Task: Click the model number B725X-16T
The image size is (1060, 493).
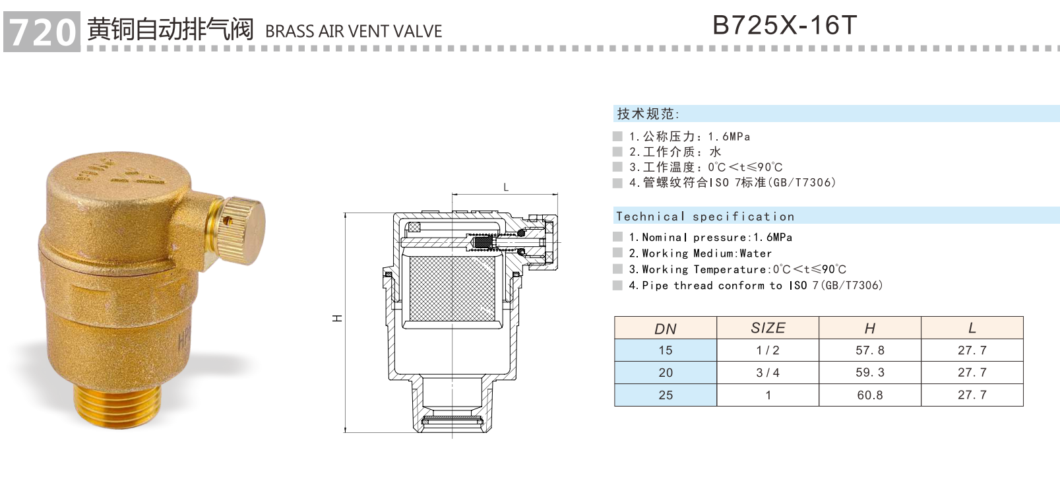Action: tap(784, 26)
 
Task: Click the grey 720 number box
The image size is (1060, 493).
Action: tap(42, 31)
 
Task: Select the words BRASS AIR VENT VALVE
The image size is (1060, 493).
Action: tap(354, 31)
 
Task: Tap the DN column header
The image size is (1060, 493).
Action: tap(666, 329)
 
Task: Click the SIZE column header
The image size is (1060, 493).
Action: tap(768, 328)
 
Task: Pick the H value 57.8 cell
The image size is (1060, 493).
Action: tap(870, 350)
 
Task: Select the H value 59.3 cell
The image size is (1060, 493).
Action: tap(870, 373)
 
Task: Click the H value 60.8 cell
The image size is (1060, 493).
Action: tap(870, 395)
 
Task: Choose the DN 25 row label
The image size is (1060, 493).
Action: tap(666, 395)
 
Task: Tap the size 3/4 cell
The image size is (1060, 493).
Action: tap(768, 373)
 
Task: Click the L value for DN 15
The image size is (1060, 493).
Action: tap(972, 350)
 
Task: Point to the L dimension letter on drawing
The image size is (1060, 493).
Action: tap(506, 187)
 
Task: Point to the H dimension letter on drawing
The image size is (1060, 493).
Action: tap(337, 319)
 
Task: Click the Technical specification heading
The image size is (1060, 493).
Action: tap(704, 216)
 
